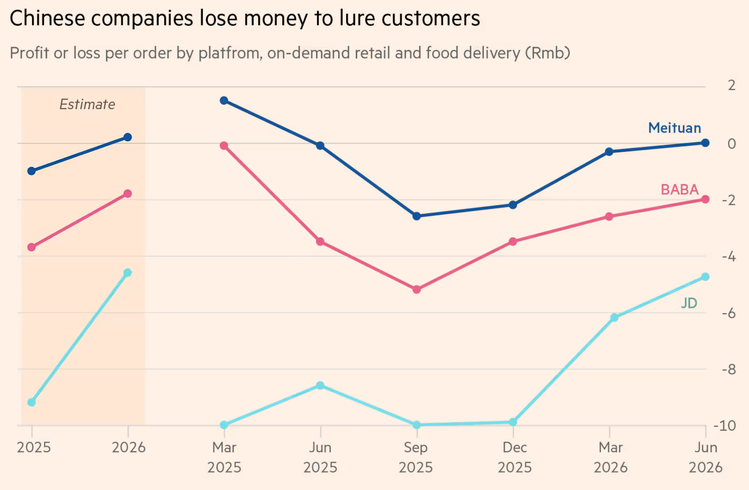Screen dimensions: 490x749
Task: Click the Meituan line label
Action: pos(674,128)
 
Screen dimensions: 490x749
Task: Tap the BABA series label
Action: pos(679,190)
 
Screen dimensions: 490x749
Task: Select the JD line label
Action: pos(689,303)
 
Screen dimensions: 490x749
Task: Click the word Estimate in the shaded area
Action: pos(87,104)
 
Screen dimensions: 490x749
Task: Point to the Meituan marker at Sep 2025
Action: pos(416,216)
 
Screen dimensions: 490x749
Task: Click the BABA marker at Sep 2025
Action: pos(416,289)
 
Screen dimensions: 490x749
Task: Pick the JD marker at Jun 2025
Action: pos(320,385)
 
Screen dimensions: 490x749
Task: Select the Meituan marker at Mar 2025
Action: pos(224,101)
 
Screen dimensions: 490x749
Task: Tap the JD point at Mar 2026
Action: pos(614,317)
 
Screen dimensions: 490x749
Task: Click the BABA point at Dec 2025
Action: pos(513,241)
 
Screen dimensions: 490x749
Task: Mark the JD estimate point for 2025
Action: pos(31,402)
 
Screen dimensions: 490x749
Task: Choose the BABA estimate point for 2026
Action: pos(127,194)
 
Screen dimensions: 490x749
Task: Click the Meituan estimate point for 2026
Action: pos(127,137)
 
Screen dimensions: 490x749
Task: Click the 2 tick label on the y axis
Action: pos(731,85)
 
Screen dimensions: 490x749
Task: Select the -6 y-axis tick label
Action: pos(728,313)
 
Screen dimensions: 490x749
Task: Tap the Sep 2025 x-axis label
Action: pos(416,457)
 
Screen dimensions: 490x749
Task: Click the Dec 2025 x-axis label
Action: pos(514,457)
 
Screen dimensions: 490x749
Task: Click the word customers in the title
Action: pos(431,18)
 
